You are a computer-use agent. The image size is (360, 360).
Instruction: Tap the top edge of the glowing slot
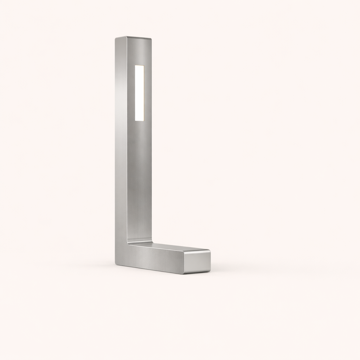[139, 65]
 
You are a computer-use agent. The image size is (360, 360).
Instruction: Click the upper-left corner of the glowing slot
[135, 65]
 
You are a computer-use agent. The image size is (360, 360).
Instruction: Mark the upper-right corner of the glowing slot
[144, 66]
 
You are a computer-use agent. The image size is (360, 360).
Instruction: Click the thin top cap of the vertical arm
[134, 38]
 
